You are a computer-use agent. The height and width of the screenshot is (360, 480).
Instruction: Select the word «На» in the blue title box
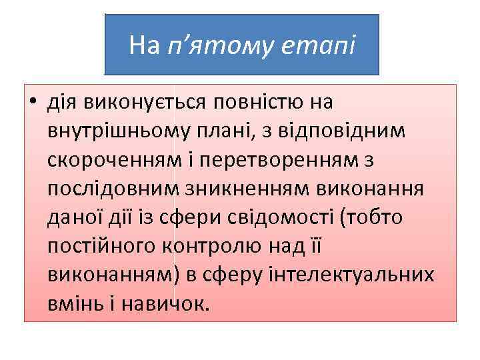(145, 46)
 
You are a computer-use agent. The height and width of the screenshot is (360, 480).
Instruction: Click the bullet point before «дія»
(32, 103)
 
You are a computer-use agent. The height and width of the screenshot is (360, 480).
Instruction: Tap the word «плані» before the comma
(226, 132)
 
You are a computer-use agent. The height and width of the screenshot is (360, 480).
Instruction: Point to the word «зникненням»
(249, 189)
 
